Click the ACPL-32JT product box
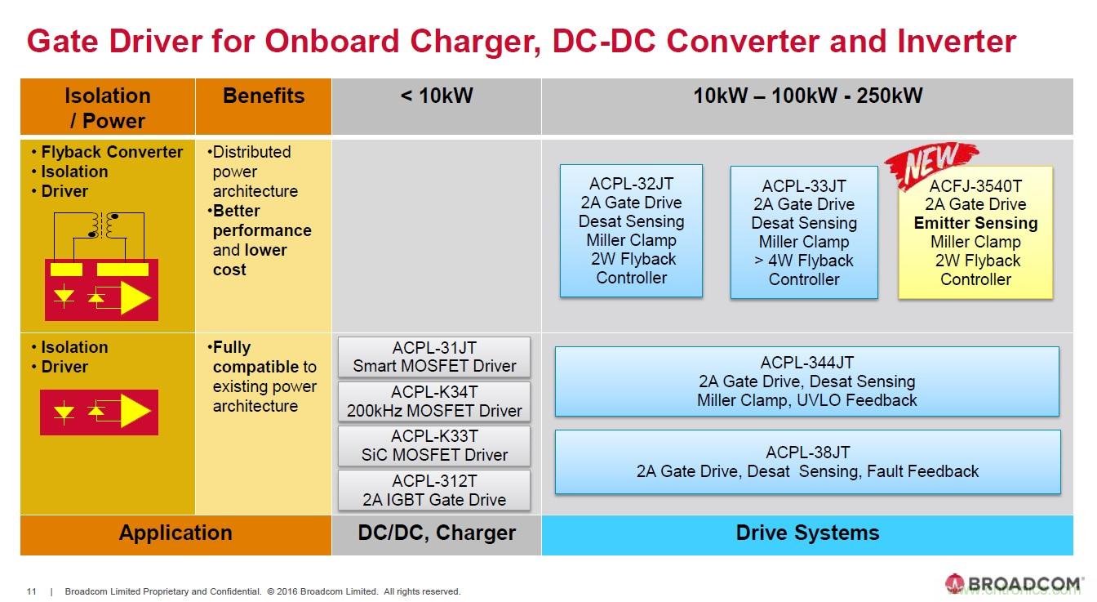[631, 231]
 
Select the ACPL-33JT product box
[804, 233]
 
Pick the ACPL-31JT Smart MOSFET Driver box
[434, 357]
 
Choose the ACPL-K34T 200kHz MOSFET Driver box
[434, 402]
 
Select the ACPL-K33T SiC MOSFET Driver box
[434, 446]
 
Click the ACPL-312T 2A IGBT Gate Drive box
[434, 490]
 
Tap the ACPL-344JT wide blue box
[806, 381]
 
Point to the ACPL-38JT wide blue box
[807, 462]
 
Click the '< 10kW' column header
[436, 96]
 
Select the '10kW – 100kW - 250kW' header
[807, 96]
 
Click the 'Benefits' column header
[263, 96]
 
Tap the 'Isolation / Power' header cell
[108, 108]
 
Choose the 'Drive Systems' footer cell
[807, 533]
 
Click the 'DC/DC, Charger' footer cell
[436, 533]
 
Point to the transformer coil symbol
[104, 224]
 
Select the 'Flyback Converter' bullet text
[112, 152]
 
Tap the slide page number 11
[32, 591]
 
